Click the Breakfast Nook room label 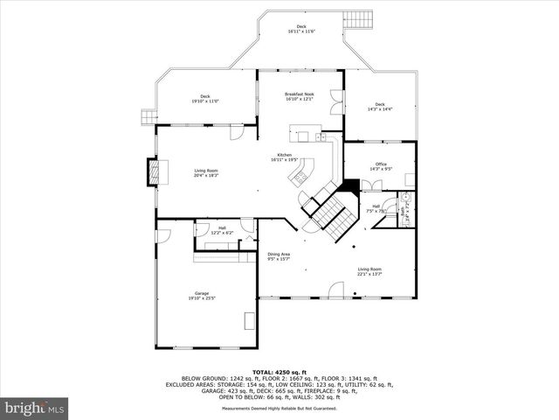pyautogui.click(x=300, y=94)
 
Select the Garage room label pyautogui.click(x=202, y=293)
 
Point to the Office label pyautogui.click(x=381, y=164)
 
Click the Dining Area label pyautogui.click(x=279, y=254)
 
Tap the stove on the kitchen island pyautogui.click(x=300, y=177)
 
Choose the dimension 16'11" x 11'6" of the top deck pyautogui.click(x=301, y=31)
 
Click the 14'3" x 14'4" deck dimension pyautogui.click(x=380, y=109)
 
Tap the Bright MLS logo pyautogui.click(x=35, y=407)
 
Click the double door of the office pyautogui.click(x=371, y=185)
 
